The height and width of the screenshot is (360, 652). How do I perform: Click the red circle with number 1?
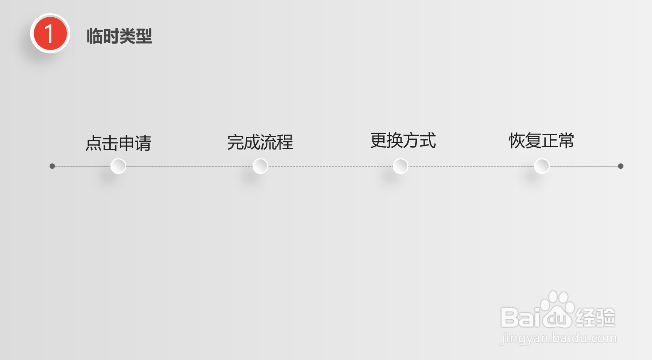(x=50, y=33)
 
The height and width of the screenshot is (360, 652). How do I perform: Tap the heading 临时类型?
(x=120, y=36)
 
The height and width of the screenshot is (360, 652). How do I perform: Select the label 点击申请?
(x=118, y=143)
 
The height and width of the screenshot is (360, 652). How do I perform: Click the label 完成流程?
(x=260, y=142)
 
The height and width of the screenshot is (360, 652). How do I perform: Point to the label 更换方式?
(x=403, y=141)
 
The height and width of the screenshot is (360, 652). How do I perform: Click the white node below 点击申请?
(x=118, y=166)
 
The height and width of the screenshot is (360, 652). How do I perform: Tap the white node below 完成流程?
(x=260, y=166)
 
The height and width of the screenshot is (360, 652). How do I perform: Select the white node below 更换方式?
(x=400, y=166)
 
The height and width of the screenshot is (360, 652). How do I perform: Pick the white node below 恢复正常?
(x=542, y=166)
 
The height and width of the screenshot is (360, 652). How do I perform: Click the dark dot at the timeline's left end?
(x=52, y=166)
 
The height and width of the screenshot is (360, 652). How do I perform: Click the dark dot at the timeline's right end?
(x=620, y=166)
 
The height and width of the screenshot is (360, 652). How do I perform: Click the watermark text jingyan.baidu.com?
(x=558, y=339)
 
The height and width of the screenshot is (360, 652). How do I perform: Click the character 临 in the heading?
(x=95, y=36)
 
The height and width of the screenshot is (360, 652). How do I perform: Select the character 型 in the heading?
(x=144, y=36)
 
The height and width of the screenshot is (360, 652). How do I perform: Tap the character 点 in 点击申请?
(x=94, y=143)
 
